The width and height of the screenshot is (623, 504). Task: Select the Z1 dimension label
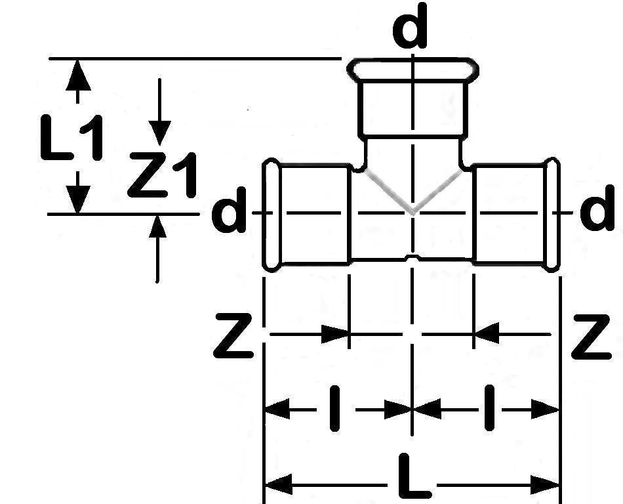(162, 175)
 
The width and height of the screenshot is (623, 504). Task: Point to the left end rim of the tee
(269, 215)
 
